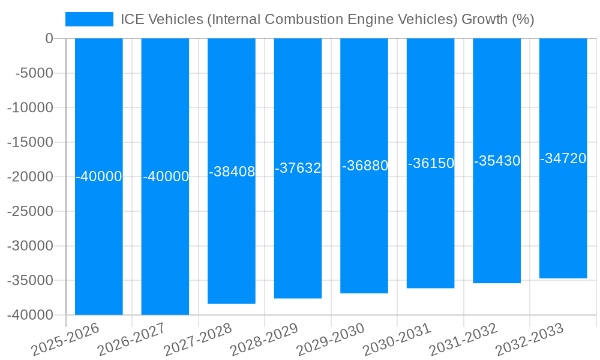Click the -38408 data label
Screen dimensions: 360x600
click(232, 172)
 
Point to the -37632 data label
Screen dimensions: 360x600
click(298, 169)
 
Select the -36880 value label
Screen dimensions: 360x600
click(365, 166)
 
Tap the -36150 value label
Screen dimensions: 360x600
click(431, 163)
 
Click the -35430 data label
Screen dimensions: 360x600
click(497, 161)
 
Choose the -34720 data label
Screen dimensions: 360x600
click(563, 158)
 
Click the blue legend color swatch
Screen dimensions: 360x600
click(89, 19)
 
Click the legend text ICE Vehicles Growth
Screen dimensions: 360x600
click(327, 19)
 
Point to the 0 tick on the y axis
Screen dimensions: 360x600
click(49, 38)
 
